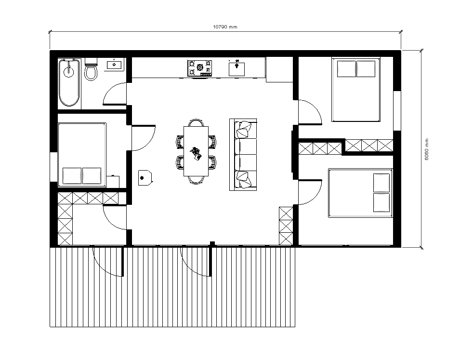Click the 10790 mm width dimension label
tap(225, 27)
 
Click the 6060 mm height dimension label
tap(427, 149)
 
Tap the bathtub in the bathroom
tap(69, 82)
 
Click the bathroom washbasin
tap(114, 65)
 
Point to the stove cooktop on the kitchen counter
tap(200, 68)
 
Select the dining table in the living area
tap(196, 151)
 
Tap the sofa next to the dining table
tap(243, 155)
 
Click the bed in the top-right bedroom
tap(356, 90)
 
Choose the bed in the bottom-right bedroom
tap(360, 193)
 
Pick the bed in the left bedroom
tap(82, 155)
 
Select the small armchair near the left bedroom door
tap(145, 178)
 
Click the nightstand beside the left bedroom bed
tap(113, 182)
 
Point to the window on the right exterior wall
tap(397, 111)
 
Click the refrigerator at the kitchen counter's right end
tap(279, 69)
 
